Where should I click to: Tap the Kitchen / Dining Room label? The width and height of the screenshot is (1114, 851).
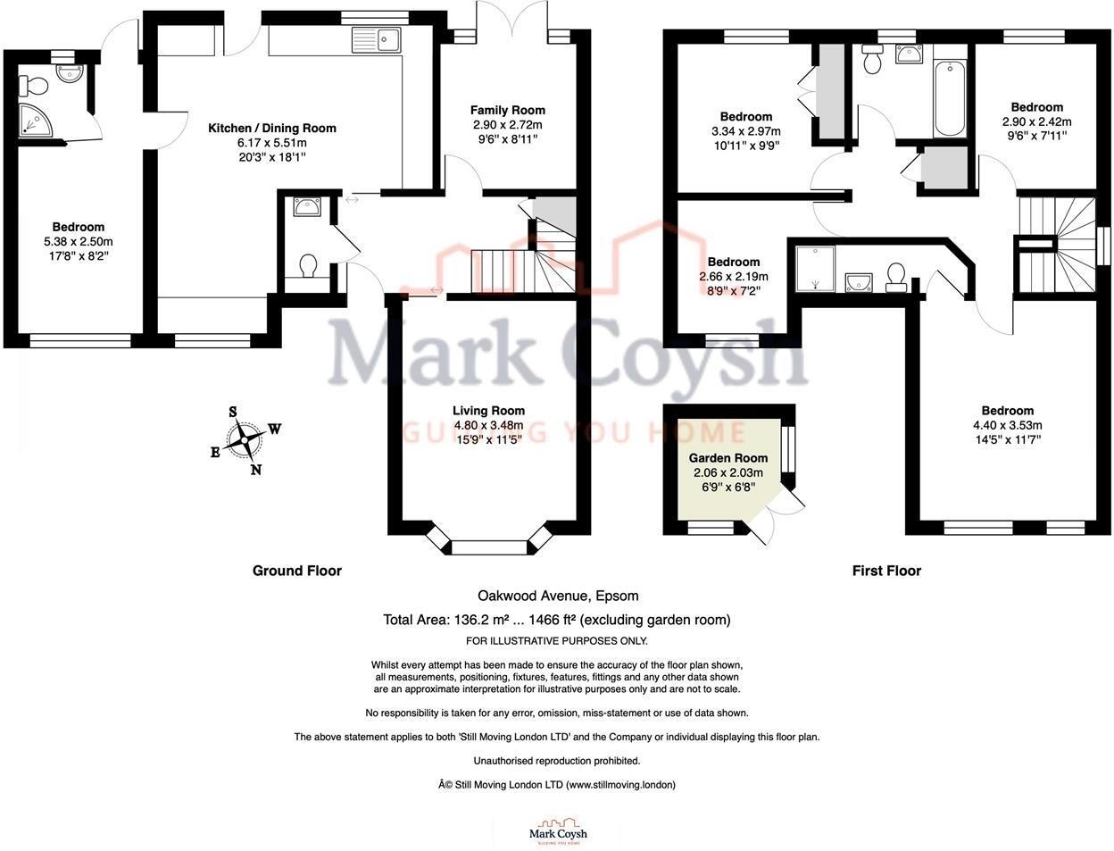coord(272,128)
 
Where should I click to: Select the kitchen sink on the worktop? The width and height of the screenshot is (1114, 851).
coord(378,39)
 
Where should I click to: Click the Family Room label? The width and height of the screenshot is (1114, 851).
coord(508,110)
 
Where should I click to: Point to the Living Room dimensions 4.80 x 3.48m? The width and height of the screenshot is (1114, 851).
coord(489,425)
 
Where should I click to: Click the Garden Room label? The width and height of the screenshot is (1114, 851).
coord(728,457)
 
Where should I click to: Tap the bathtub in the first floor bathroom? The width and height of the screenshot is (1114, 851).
coord(950,98)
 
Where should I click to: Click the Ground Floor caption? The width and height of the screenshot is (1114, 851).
coord(296,571)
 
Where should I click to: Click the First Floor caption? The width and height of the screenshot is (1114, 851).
coord(885,571)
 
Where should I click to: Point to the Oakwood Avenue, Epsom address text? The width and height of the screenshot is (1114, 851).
coord(558,596)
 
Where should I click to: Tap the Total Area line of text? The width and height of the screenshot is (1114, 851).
coord(556,620)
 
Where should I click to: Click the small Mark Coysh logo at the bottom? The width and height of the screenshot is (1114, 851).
coord(558,831)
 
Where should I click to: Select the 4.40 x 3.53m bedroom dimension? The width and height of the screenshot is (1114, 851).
coord(1008,425)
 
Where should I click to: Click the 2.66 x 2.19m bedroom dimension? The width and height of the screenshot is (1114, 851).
coord(734,277)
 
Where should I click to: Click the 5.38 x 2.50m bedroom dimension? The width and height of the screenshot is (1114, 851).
coord(79,241)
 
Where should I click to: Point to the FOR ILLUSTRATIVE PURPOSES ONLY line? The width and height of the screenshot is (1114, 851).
coord(557,641)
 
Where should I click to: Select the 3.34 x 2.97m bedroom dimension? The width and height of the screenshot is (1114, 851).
coord(746,131)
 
